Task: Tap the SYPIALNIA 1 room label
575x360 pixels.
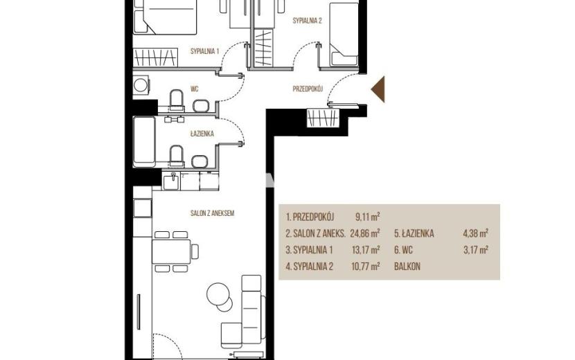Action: [x=204, y=51]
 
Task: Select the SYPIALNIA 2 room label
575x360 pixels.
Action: [x=308, y=21]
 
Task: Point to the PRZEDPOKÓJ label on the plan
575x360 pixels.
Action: [x=308, y=89]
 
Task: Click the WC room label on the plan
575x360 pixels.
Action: [x=195, y=89]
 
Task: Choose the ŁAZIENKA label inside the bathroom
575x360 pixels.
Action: [x=202, y=134]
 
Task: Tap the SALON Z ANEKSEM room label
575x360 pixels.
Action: [x=212, y=213]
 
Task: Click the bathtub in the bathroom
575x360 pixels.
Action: [x=144, y=141]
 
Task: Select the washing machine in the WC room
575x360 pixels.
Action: [x=141, y=85]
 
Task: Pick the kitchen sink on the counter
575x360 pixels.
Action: [x=171, y=182]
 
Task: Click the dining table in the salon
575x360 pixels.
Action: [x=171, y=251]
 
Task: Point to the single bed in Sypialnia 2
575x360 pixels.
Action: [x=344, y=35]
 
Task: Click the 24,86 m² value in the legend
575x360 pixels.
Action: [x=365, y=233]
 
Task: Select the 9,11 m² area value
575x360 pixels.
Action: [x=367, y=217]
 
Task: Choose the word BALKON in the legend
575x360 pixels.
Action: [x=407, y=267]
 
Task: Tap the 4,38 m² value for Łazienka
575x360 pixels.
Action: [x=476, y=233]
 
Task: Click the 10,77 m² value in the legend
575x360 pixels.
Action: [x=366, y=267]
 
